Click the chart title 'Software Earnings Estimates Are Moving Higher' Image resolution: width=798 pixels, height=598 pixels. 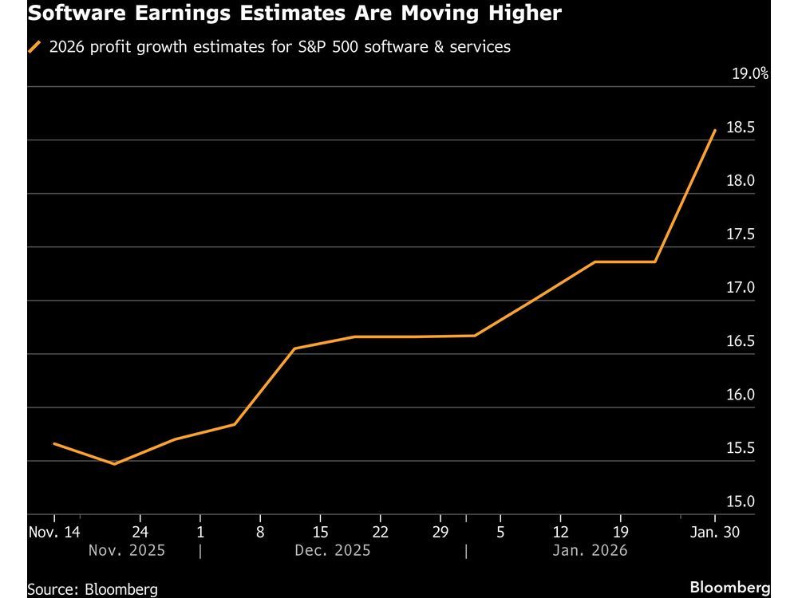click(x=294, y=14)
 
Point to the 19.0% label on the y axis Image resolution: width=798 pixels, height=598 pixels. click(x=749, y=74)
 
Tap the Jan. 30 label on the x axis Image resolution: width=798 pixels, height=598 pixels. click(x=714, y=532)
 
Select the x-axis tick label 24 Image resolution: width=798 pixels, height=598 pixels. click(x=139, y=532)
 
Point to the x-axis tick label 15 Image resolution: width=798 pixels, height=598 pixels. click(x=319, y=532)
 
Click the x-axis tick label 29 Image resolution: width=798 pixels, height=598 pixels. click(x=440, y=532)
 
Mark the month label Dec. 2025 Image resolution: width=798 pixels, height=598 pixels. click(x=333, y=551)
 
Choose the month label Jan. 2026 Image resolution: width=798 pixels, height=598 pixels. click(x=591, y=551)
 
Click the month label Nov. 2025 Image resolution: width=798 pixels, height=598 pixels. click(x=127, y=551)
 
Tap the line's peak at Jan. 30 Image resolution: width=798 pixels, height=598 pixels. click(x=714, y=130)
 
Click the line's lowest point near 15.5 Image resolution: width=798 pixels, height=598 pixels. click(x=114, y=463)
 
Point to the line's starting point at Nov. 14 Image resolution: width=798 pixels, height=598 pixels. click(x=53, y=443)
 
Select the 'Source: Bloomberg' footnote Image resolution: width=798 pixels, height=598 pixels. click(x=92, y=589)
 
